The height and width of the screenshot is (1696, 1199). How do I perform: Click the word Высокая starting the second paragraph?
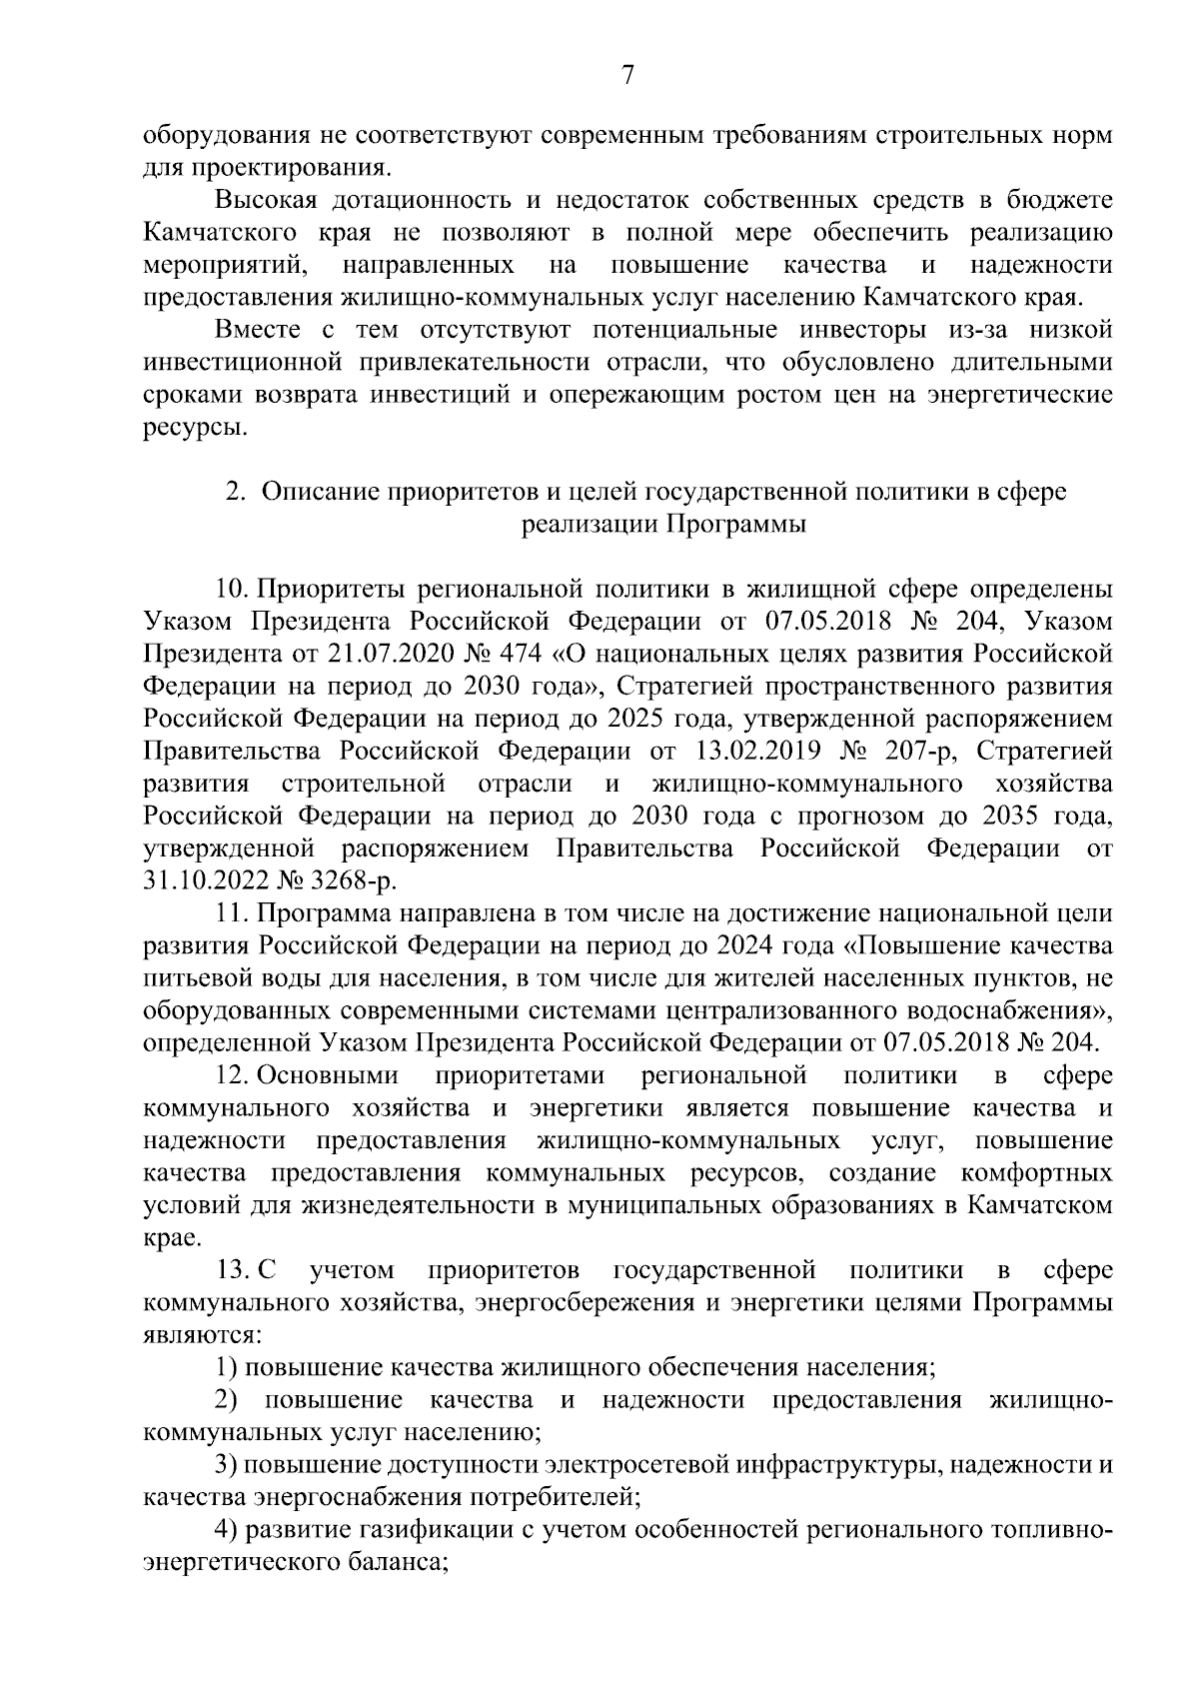[267, 200]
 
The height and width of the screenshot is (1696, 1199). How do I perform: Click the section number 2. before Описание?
[235, 492]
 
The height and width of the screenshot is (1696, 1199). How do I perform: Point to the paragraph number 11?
[231, 913]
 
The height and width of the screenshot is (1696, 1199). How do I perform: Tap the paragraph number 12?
[231, 1075]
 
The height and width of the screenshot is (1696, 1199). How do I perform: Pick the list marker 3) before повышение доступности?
[226, 1465]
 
